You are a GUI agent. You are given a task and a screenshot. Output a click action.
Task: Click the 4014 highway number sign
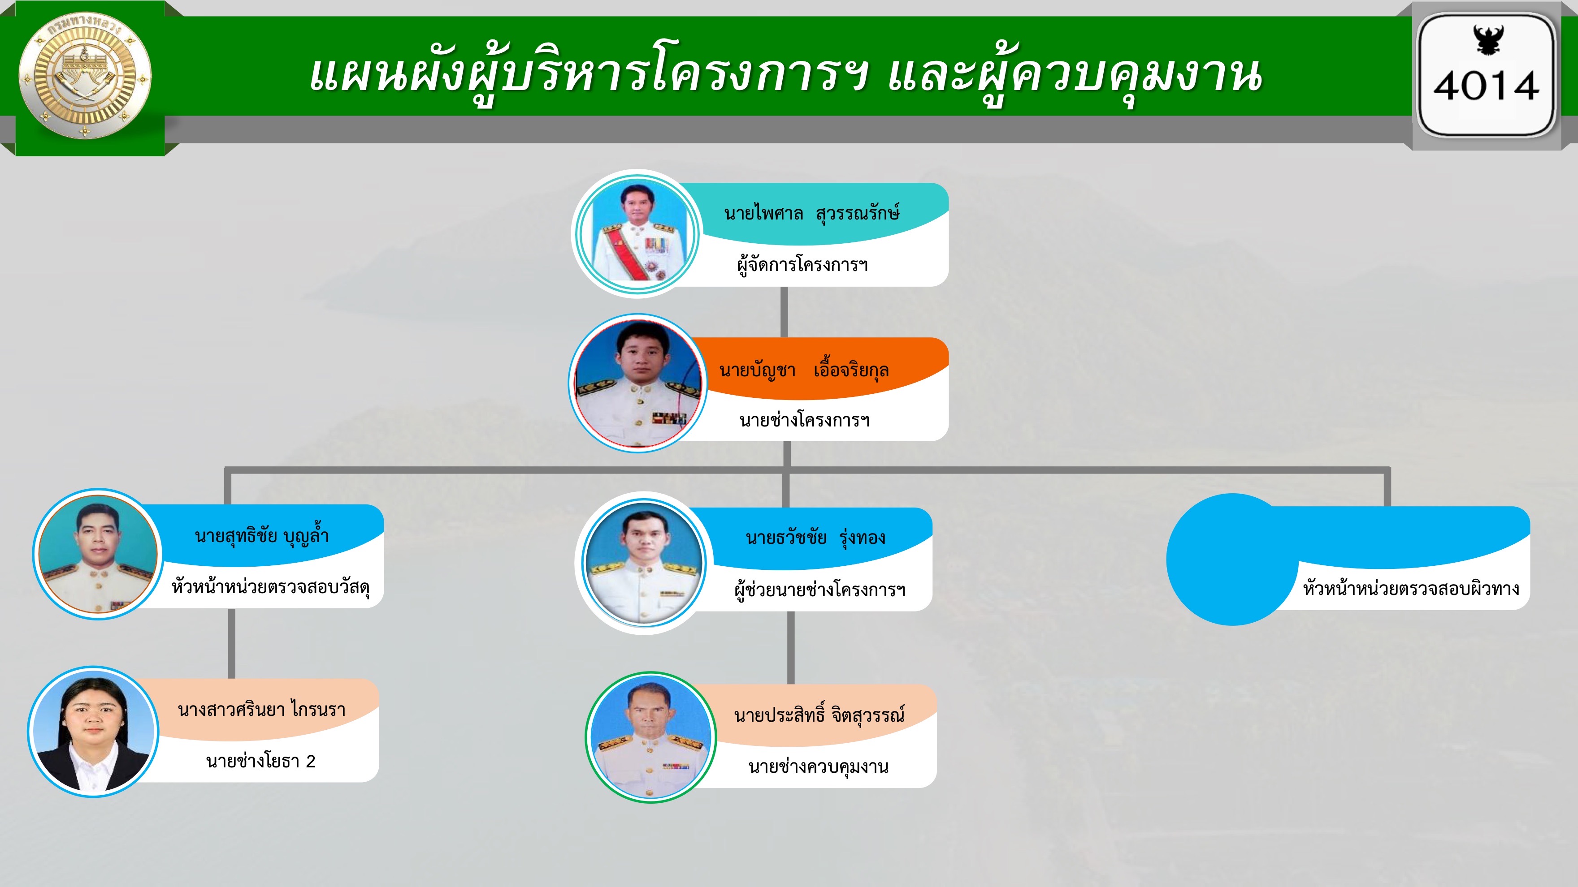click(1486, 75)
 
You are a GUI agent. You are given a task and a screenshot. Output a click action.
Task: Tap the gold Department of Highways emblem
click(85, 77)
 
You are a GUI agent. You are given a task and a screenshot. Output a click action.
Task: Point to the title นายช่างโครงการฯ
click(804, 420)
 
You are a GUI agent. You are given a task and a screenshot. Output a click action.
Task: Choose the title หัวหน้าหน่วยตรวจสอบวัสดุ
click(271, 586)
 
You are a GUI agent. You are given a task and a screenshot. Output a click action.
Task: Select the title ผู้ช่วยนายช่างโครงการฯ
click(819, 590)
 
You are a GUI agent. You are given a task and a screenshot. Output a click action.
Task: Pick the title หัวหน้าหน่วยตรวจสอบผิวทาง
click(1411, 588)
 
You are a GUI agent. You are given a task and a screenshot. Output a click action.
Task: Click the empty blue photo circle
click(1232, 560)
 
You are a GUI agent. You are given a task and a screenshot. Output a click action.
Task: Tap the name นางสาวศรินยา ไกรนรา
click(261, 710)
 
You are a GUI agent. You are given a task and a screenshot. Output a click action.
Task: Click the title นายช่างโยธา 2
click(260, 762)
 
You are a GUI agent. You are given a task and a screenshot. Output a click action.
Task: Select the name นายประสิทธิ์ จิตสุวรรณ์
click(819, 714)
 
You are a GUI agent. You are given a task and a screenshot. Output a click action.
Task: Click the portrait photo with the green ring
click(650, 738)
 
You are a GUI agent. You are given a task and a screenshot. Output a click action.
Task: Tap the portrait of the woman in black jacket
click(93, 732)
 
